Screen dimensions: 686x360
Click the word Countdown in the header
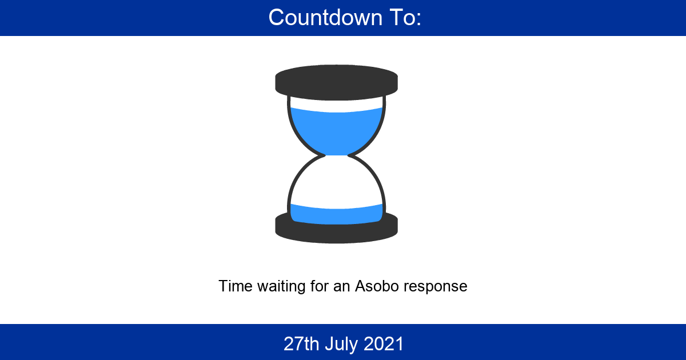tap(325, 18)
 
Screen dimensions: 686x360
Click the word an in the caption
tap(341, 287)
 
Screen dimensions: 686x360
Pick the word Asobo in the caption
tap(377, 286)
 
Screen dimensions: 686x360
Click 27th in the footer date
tap(301, 343)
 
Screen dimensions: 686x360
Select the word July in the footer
tap(341, 345)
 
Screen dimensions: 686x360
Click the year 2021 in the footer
tap(384, 343)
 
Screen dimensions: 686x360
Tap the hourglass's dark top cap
tap(336, 82)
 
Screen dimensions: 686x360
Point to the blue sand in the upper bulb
tap(336, 130)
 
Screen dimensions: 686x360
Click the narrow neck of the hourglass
tap(336, 155)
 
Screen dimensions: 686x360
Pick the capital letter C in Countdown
tap(277, 18)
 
